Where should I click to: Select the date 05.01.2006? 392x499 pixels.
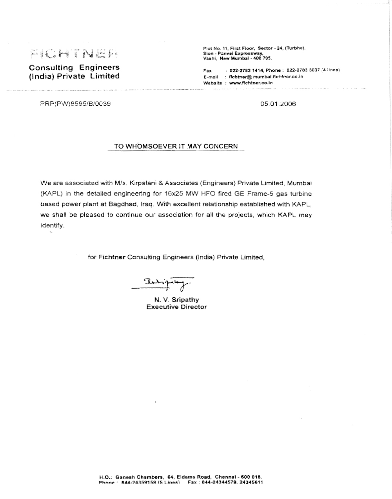(x=278, y=104)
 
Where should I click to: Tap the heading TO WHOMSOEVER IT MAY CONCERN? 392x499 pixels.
(x=176, y=146)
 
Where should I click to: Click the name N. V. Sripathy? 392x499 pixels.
(x=176, y=300)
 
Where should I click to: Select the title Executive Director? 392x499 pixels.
(x=176, y=307)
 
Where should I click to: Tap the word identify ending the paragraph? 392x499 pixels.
(x=52, y=226)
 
